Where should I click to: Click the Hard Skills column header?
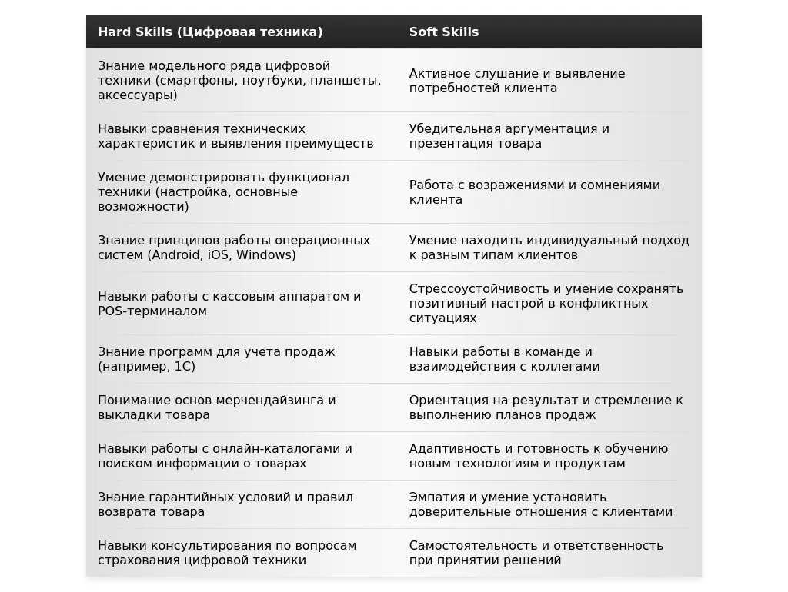coord(210,32)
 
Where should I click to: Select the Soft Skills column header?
coord(444,32)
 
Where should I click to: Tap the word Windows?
coord(265,255)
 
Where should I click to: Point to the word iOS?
coord(219,255)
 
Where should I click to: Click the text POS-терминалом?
coord(152,311)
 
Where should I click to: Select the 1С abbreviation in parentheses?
coord(182,367)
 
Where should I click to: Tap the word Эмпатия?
coord(437,497)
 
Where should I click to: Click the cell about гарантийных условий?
coord(225,504)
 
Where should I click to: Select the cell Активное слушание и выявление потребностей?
coord(517,81)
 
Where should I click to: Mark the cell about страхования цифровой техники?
coord(227,553)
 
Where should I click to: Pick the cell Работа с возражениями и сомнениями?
coord(535,192)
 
